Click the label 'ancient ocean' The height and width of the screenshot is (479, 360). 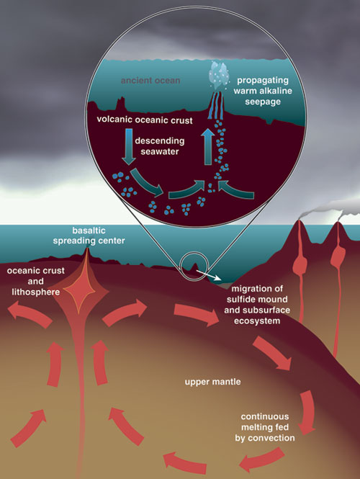point(150,81)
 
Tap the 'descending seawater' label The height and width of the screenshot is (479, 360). point(160,146)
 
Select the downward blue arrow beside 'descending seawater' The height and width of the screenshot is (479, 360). point(129,147)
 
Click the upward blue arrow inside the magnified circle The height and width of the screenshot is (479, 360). point(208,146)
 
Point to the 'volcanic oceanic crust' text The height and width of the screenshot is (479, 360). point(145,120)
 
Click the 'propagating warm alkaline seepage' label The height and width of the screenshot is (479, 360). point(263,91)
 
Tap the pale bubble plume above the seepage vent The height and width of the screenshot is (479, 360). point(217,73)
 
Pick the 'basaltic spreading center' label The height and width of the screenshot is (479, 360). point(89,236)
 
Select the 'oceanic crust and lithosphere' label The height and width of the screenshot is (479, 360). point(36,282)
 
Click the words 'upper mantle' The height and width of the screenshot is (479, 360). point(212,382)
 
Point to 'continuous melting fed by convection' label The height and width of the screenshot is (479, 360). point(265,427)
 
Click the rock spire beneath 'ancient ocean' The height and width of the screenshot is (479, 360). point(121,104)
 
